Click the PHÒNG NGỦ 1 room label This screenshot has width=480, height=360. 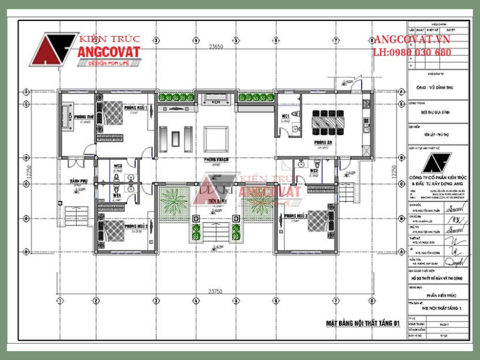(136, 107)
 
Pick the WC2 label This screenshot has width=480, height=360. (313, 170)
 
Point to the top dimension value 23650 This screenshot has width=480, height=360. (216, 46)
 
